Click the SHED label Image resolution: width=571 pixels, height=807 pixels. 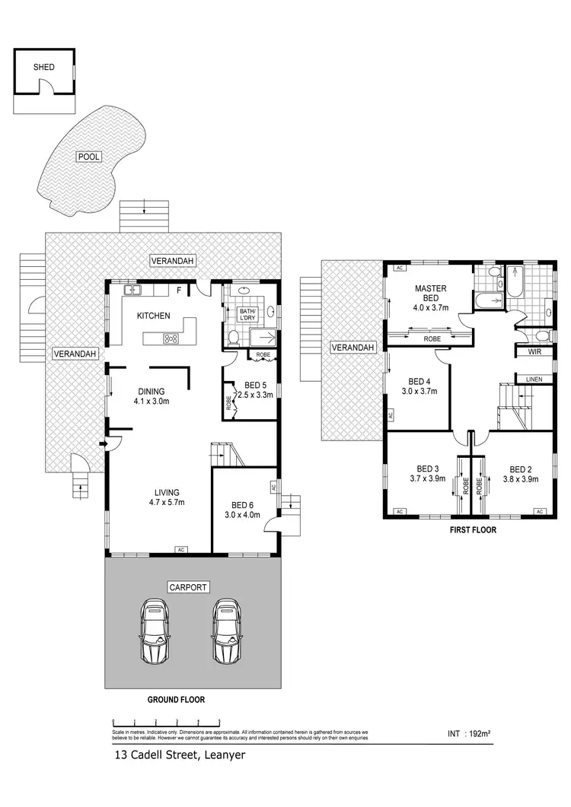43,67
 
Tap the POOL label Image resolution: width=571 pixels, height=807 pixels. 88,157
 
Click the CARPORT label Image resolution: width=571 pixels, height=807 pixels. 190,587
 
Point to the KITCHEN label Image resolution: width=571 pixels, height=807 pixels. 153,316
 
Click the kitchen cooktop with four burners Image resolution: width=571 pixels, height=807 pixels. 171,338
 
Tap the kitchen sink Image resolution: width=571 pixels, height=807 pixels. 134,290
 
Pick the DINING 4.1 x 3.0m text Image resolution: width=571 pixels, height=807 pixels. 151,396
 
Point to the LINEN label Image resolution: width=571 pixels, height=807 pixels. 534,378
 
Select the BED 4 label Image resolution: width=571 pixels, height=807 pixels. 419,386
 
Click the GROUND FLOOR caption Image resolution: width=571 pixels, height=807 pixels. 177,699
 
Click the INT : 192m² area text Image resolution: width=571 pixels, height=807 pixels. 468,735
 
